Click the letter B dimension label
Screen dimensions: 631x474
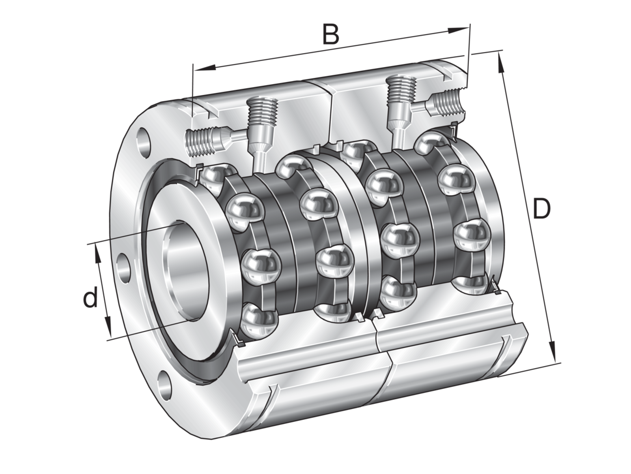coord(330,34)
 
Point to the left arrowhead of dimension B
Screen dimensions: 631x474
coord(205,68)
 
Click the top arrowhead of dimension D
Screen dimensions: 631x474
coord(501,63)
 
